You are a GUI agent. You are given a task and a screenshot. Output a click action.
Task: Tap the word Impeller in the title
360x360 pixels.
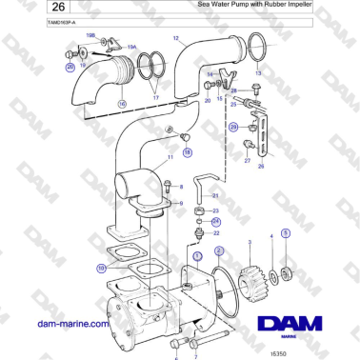point(320,6)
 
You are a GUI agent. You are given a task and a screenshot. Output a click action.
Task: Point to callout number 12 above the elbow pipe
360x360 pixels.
point(176,38)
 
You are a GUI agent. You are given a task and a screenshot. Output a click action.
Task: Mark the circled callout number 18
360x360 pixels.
point(187,151)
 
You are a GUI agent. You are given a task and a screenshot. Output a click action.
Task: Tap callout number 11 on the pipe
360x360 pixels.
point(170,157)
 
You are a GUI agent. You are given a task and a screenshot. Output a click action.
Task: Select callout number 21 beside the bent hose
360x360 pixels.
point(215,194)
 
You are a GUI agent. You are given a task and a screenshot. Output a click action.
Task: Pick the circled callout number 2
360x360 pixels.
point(220,250)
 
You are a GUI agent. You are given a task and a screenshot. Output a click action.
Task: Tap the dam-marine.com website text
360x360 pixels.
point(72,324)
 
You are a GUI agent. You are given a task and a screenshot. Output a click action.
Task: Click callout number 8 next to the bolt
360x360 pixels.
point(180,187)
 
